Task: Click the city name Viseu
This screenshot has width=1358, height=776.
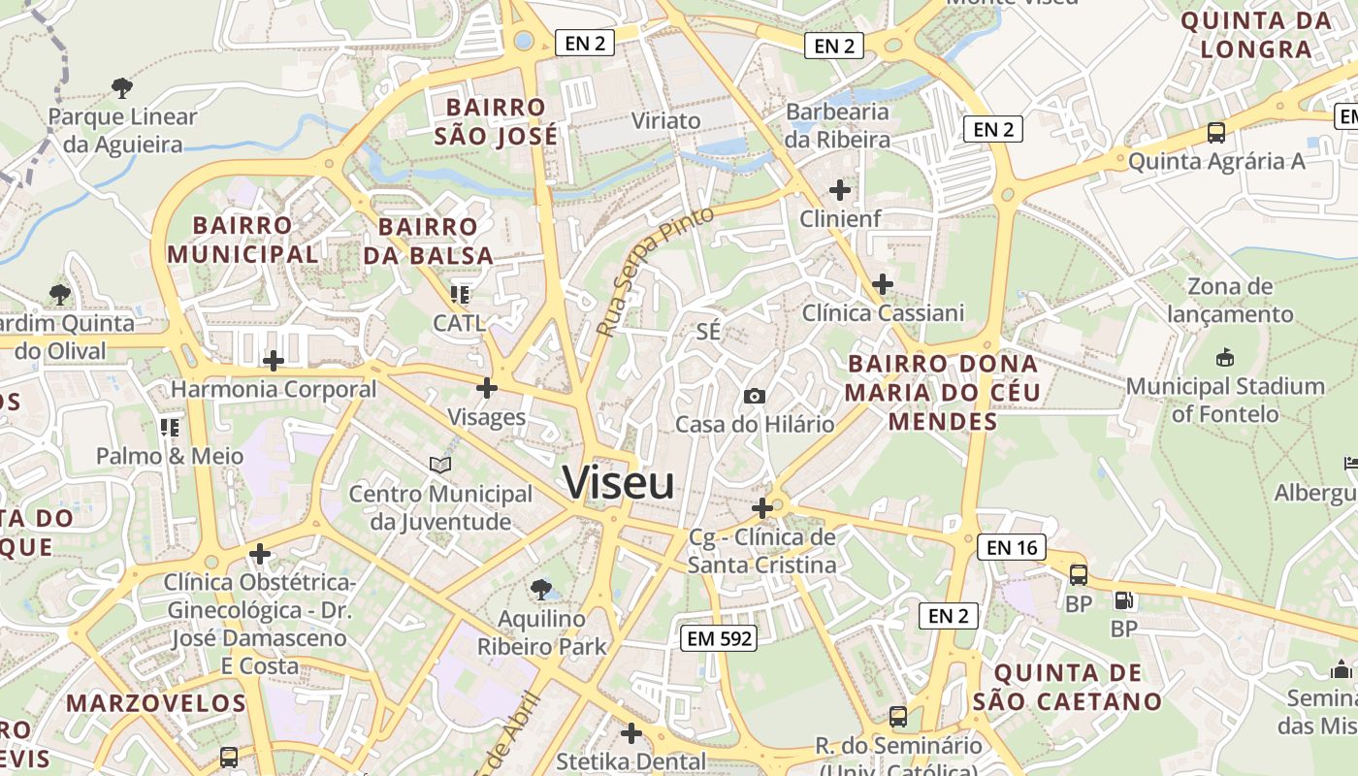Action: click(x=618, y=482)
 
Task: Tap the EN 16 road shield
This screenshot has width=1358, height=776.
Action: click(x=1012, y=547)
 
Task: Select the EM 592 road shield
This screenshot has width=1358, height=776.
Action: click(x=719, y=637)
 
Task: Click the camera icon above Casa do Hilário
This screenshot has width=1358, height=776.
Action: click(x=754, y=396)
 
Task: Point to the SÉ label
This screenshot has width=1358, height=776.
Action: click(x=709, y=331)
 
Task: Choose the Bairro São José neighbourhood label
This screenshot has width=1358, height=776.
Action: click(x=496, y=121)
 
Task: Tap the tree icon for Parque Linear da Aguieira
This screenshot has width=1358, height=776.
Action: click(x=122, y=88)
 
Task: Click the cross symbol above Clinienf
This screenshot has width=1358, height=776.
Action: click(x=840, y=190)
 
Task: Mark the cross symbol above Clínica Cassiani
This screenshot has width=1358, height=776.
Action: click(x=883, y=284)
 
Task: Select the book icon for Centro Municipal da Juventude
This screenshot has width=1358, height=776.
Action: click(x=440, y=466)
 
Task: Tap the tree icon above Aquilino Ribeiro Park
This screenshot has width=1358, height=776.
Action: click(x=541, y=589)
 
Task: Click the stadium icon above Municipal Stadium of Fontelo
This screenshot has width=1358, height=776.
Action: click(x=1225, y=357)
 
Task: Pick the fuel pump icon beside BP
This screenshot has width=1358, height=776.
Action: click(x=1124, y=601)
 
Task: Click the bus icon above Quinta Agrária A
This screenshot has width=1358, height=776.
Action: click(x=1216, y=133)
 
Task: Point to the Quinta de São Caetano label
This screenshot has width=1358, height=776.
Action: click(x=1067, y=687)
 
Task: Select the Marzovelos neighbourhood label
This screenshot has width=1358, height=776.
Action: click(x=156, y=702)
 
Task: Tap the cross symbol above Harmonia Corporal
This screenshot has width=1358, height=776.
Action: click(x=274, y=361)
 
